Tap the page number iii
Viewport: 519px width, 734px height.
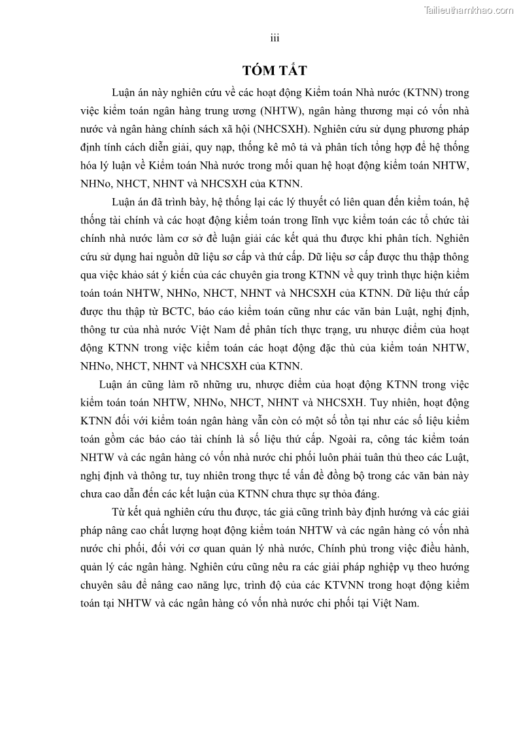tap(275, 38)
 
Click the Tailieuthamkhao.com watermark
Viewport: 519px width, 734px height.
tap(469, 10)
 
